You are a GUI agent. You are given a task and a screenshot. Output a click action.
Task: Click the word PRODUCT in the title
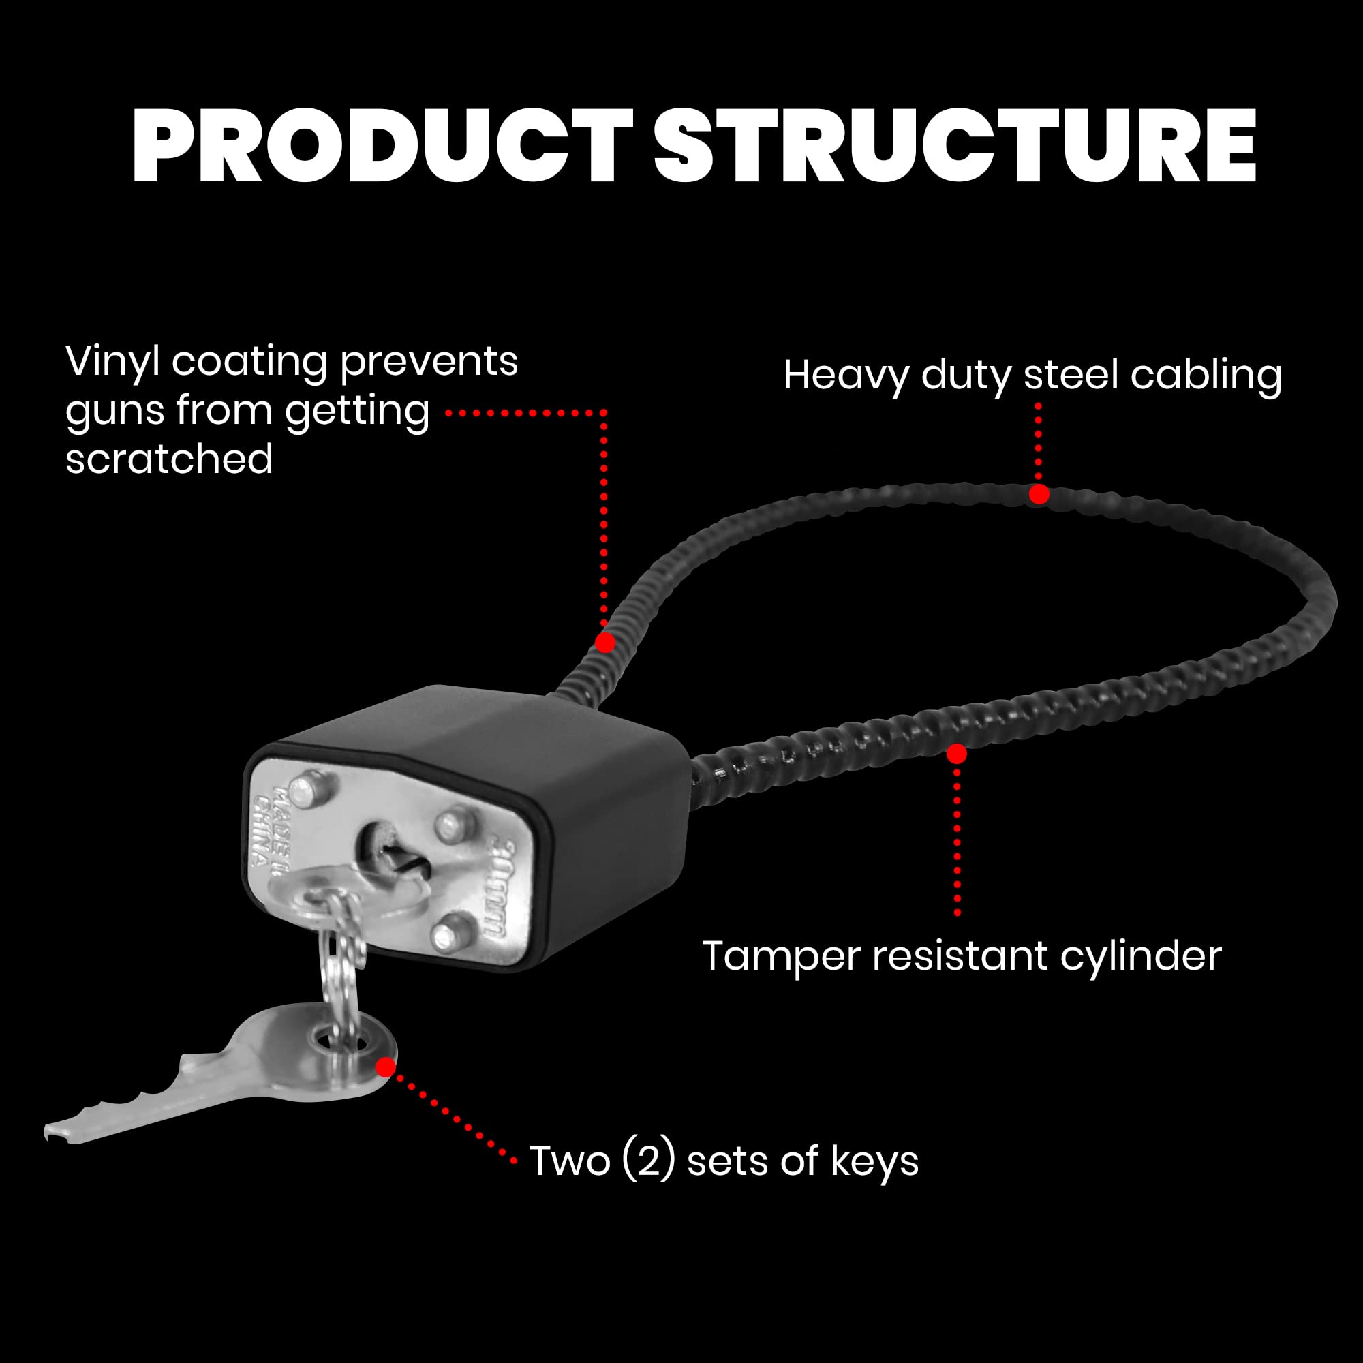coord(381,146)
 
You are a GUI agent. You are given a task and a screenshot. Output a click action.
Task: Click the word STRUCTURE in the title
coord(955,146)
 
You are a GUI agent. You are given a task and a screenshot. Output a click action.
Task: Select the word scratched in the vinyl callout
coord(169,459)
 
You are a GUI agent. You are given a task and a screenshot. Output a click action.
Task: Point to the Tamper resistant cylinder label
coord(962,958)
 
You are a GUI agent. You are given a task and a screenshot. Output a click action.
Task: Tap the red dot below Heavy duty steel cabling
coord(1039,495)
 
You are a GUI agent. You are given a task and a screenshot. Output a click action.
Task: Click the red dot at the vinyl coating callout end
coord(605,643)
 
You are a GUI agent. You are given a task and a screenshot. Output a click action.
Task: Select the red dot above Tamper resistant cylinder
coord(957,754)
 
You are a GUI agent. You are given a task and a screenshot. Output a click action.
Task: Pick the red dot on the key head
coord(385,1067)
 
